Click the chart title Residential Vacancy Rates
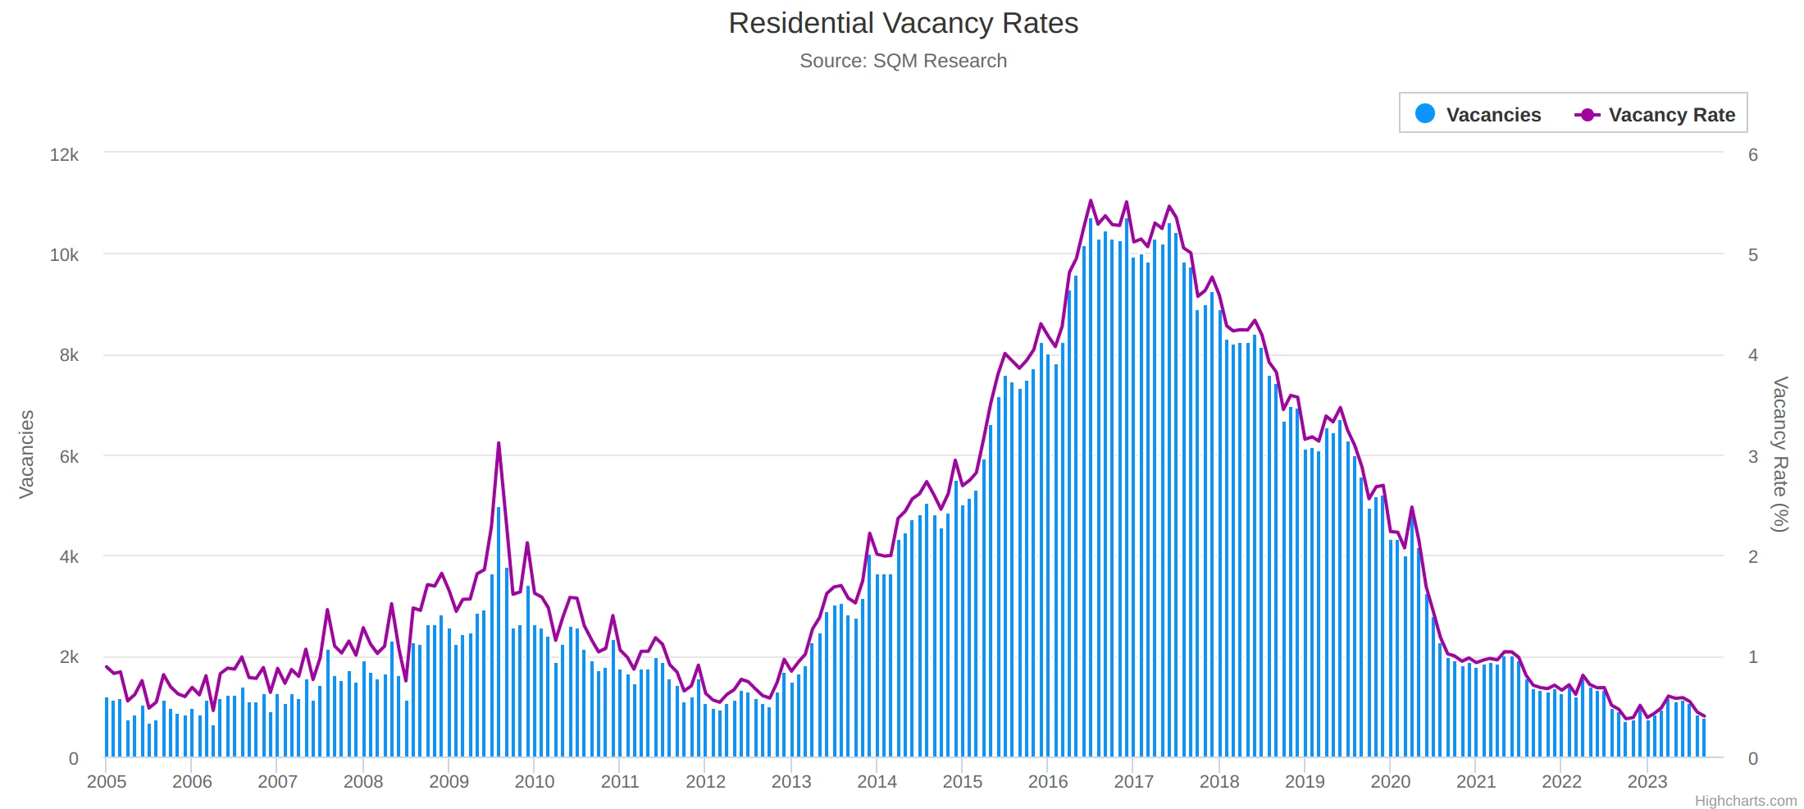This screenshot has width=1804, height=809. [x=903, y=24]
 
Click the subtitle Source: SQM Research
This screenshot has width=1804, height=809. [x=903, y=62]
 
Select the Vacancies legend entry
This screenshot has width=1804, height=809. [x=1492, y=115]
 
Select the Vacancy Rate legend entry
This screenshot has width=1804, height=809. [x=1670, y=115]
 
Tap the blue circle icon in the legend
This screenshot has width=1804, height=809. [x=1425, y=114]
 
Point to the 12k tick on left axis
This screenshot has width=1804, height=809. [x=64, y=155]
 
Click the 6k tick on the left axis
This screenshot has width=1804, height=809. [x=69, y=457]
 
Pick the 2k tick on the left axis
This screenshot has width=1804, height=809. [x=69, y=657]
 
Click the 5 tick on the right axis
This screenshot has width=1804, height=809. [x=1753, y=255]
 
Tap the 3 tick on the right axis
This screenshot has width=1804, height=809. [x=1753, y=457]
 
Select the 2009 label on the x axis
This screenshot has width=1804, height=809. [x=449, y=782]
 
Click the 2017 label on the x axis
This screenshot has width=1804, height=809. [x=1133, y=782]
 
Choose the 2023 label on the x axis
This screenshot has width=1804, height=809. [x=1647, y=782]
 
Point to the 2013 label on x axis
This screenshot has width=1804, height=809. [x=791, y=782]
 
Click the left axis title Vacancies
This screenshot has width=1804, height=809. [x=26, y=454]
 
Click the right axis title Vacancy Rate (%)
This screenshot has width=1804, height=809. [x=1779, y=454]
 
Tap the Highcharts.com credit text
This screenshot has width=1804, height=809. [x=1745, y=801]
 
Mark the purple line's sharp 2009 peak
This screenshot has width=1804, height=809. [x=499, y=444]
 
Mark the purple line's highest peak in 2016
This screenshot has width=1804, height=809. [x=1091, y=201]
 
